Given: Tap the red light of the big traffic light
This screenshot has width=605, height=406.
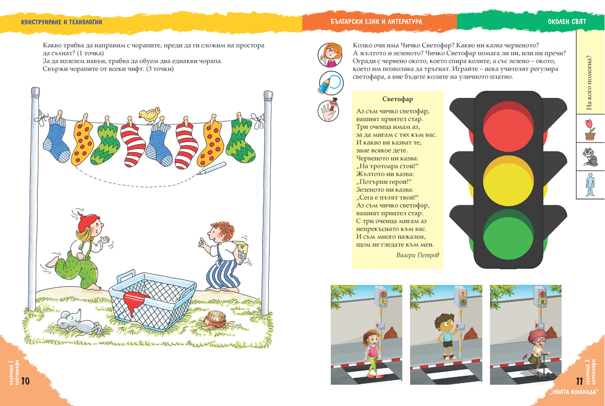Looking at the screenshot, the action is tap(508, 127).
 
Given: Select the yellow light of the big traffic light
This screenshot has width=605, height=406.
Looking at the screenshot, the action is tap(508, 181).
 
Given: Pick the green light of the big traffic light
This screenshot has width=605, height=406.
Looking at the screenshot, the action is tap(508, 235).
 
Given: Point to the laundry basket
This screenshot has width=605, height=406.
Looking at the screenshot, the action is tap(153, 301).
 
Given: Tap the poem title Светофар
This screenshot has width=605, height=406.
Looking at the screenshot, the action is tap(397, 99).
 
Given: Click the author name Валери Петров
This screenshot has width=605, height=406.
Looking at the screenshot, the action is tap(417, 255).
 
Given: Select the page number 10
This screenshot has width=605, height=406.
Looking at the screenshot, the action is tap(25, 381).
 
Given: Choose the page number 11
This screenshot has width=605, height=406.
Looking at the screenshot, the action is tap(579, 381).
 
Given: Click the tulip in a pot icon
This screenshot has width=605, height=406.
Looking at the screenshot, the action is tap(590, 129).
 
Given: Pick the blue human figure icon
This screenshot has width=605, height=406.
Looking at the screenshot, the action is tap(590, 185).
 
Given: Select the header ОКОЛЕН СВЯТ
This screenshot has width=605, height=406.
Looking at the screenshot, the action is tap(567, 22).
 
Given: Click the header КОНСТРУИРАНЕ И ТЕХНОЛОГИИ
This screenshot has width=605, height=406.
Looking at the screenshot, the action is tap(62, 22).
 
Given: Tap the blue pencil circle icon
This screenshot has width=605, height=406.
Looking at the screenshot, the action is tap(331, 83).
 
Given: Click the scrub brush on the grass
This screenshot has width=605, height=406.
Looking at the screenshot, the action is tap(215, 319).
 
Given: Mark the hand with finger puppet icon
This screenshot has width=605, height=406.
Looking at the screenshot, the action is tap(328, 110).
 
